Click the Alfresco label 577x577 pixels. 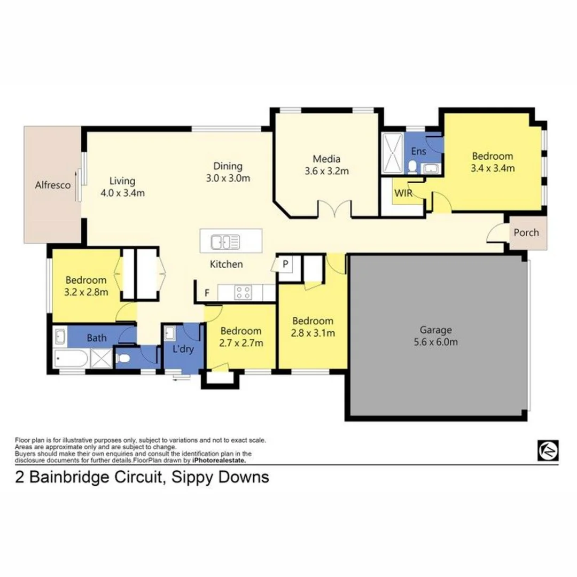pyautogui.click(x=52, y=185)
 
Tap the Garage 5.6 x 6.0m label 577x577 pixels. pyautogui.click(x=436, y=336)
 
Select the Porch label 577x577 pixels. pyautogui.click(x=526, y=232)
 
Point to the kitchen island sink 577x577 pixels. pyautogui.click(x=225, y=242)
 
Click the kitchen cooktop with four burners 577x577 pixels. pyautogui.click(x=244, y=293)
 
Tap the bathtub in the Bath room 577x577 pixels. pyautogui.click(x=72, y=358)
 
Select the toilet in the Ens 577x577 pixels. pyautogui.click(x=412, y=167)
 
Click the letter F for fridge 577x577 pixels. pyautogui.click(x=207, y=293)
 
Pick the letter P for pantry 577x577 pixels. pyautogui.click(x=285, y=264)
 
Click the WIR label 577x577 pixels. pyautogui.click(x=403, y=193)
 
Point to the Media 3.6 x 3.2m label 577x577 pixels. pyautogui.click(x=327, y=165)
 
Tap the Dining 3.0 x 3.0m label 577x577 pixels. pyautogui.click(x=228, y=172)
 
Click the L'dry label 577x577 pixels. pyautogui.click(x=183, y=348)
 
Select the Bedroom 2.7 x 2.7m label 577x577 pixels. pyautogui.click(x=241, y=337)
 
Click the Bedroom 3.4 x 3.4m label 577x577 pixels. pyautogui.click(x=493, y=162)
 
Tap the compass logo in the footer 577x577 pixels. pyautogui.click(x=548, y=450)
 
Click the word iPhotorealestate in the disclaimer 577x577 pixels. pyautogui.click(x=219, y=461)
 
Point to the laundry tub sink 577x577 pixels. pyautogui.click(x=170, y=333)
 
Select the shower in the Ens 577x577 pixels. pyautogui.click(x=393, y=153)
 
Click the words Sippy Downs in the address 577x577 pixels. pyautogui.click(x=221, y=477)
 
